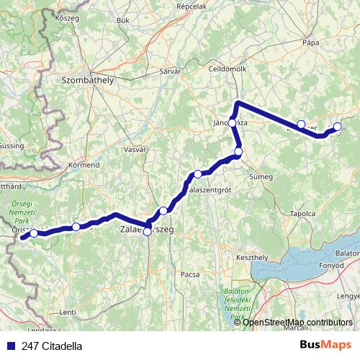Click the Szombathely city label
[88, 81]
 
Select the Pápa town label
[310, 42]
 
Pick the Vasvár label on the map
[135, 149]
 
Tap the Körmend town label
[83, 165]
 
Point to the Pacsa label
[189, 274]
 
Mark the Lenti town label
[67, 312]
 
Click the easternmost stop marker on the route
[337, 127]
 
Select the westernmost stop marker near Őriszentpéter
[33, 233]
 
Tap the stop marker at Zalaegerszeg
[148, 231]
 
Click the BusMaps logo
[325, 346]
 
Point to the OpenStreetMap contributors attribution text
[297, 322]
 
